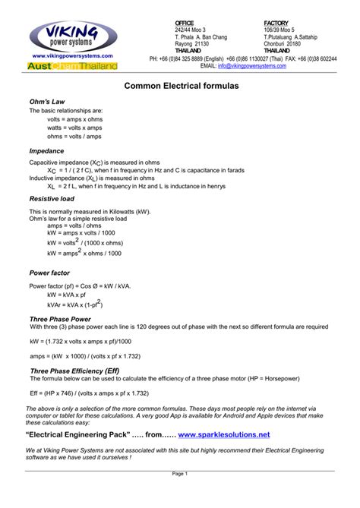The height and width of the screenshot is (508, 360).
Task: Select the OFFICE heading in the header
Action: [x=185, y=23]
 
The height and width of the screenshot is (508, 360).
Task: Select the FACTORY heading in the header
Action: [x=276, y=23]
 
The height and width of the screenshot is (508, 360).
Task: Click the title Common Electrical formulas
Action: [x=182, y=87]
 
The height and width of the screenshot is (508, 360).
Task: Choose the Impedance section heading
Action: [x=46, y=151]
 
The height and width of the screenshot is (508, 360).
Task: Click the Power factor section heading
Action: [x=51, y=271]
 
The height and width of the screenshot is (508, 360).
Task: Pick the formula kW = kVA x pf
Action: [x=66, y=294]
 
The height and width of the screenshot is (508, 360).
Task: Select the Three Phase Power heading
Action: [x=60, y=319]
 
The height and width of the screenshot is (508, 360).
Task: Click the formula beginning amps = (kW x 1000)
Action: [x=85, y=355]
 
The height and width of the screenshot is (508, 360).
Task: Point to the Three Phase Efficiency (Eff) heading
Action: [x=74, y=371]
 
